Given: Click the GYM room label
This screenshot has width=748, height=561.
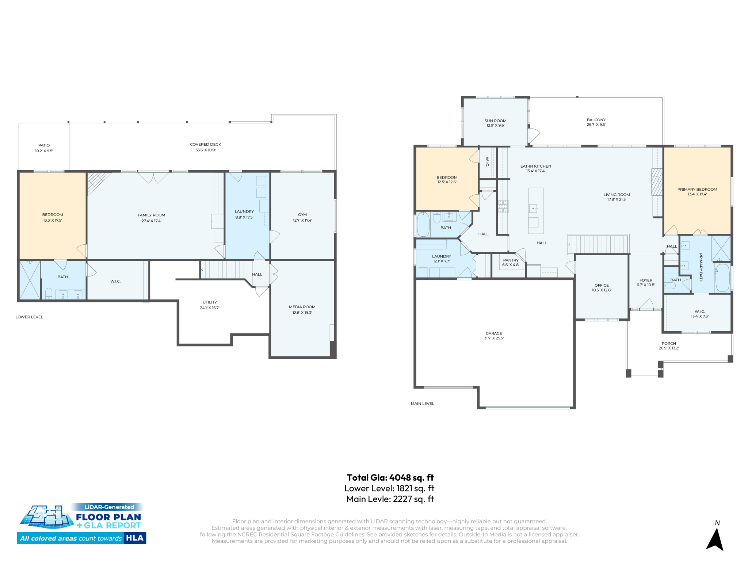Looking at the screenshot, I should point(302,215).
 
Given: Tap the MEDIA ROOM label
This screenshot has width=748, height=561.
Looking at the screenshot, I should point(302,307).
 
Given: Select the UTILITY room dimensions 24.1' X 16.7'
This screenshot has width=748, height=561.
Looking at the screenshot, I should point(209,308).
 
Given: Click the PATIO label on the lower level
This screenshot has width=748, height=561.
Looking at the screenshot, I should point(44,145).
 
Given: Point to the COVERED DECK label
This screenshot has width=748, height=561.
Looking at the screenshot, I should point(205,144).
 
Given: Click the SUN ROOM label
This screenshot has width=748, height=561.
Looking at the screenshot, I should point(495,121).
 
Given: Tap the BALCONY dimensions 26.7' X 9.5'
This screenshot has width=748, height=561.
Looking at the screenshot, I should point(596,125).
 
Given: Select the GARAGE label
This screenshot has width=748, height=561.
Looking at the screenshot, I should point(494,333).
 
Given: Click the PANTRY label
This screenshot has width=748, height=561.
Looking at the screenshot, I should point(511,260).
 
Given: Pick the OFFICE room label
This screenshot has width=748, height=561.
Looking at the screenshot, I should point(602,285).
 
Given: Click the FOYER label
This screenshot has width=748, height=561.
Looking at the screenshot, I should point(646,280).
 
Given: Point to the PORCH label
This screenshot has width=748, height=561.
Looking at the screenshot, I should point(669,343).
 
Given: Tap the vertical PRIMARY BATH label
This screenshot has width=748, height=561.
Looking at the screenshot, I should point(701,267).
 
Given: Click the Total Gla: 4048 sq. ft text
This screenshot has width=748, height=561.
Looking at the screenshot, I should point(390,477).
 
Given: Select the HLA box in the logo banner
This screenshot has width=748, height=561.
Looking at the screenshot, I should point(135,538).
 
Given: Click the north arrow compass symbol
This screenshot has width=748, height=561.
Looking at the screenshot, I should point(715,539).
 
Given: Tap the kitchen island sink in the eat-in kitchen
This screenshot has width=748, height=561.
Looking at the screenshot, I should point(534,209).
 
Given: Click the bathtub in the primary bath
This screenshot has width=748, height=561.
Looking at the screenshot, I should point(722,278).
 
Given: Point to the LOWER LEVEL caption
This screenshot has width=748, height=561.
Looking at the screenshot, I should point(29,317).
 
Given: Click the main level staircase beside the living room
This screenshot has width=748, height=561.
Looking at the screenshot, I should point(599,244).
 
